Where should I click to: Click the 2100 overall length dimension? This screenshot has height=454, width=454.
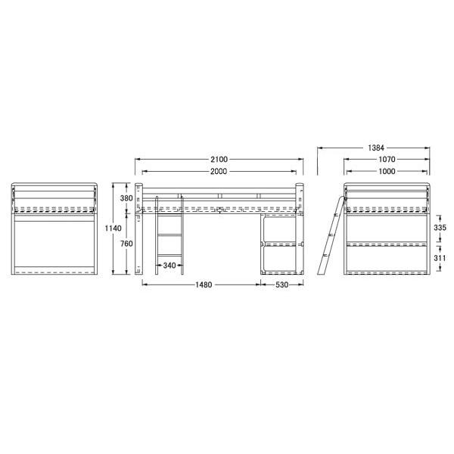point(219,159)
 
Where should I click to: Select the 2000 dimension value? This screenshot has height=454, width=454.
point(219,172)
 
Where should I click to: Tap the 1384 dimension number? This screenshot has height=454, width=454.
point(376,148)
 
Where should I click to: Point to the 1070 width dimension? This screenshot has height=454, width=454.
point(387,159)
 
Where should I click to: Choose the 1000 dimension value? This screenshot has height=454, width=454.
point(387,172)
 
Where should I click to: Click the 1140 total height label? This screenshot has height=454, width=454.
point(113,229)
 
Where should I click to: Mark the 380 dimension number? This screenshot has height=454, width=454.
point(126,198)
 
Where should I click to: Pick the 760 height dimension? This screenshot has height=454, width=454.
point(126,244)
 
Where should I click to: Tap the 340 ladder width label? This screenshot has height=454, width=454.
point(169,266)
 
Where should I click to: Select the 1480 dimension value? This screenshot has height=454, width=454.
point(204,285)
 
